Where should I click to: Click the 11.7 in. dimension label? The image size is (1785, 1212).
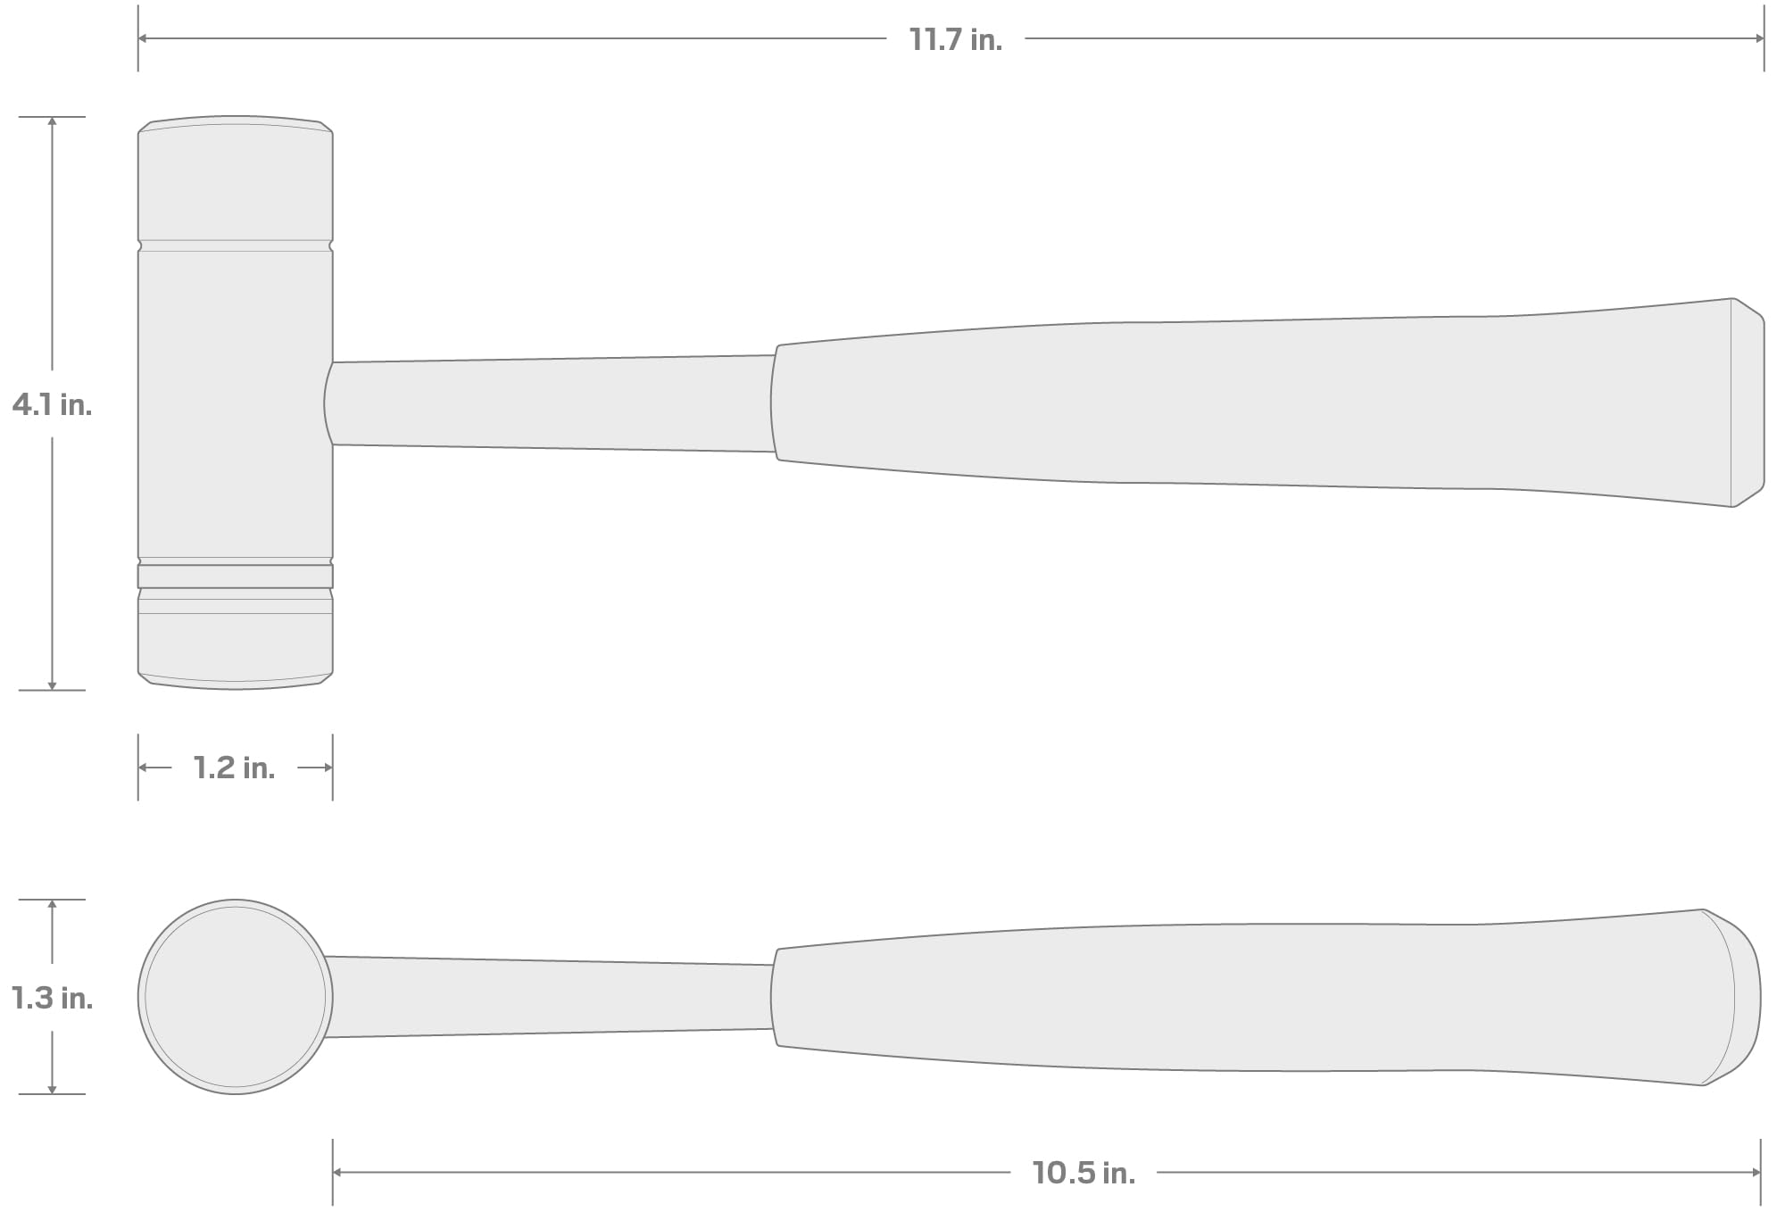[955, 39]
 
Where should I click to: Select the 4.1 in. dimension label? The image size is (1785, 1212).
[52, 405]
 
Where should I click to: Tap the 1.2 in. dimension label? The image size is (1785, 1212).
[234, 768]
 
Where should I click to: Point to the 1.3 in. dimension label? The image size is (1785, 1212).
[52, 998]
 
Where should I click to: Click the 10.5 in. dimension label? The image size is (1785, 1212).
[1083, 1173]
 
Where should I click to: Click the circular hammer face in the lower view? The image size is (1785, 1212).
[236, 997]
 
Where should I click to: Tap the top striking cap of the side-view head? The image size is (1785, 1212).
[236, 183]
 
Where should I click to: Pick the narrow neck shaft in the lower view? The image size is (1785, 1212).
[549, 997]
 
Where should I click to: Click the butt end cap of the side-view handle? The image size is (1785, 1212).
[1748, 403]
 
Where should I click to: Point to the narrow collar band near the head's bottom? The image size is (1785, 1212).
[236, 576]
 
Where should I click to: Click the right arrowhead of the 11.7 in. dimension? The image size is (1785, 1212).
[1759, 38]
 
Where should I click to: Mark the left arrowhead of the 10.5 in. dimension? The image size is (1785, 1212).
[337, 1172]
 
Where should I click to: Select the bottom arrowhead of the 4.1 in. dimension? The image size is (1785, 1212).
[52, 685]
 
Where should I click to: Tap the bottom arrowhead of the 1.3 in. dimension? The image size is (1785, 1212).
[52, 1089]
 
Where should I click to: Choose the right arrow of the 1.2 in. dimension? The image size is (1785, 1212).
[328, 768]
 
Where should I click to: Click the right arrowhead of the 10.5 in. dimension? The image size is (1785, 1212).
[1756, 1172]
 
